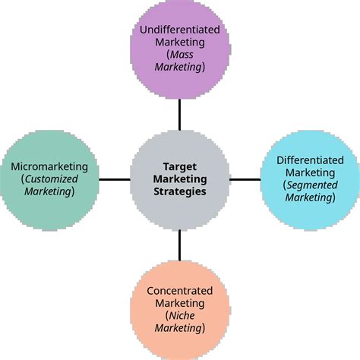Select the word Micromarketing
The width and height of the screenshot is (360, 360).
(x=49, y=166)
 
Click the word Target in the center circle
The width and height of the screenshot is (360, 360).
(x=180, y=167)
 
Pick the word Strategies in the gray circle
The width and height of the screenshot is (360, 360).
(x=180, y=192)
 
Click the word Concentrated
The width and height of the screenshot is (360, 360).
(x=179, y=290)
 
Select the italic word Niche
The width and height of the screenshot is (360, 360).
(x=179, y=316)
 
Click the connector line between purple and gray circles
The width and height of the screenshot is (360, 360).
(x=180, y=114)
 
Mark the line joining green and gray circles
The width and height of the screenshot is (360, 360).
(x=114, y=179)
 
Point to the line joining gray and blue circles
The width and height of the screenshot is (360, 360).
(x=245, y=179)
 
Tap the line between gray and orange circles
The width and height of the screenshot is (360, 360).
(x=180, y=245)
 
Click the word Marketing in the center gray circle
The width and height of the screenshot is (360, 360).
(x=180, y=179)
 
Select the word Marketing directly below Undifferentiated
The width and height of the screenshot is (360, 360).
(x=180, y=42)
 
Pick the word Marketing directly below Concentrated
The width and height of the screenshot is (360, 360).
(x=180, y=303)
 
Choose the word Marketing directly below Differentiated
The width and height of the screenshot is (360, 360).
(x=310, y=173)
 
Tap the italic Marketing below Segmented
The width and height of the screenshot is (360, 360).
(x=310, y=197)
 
